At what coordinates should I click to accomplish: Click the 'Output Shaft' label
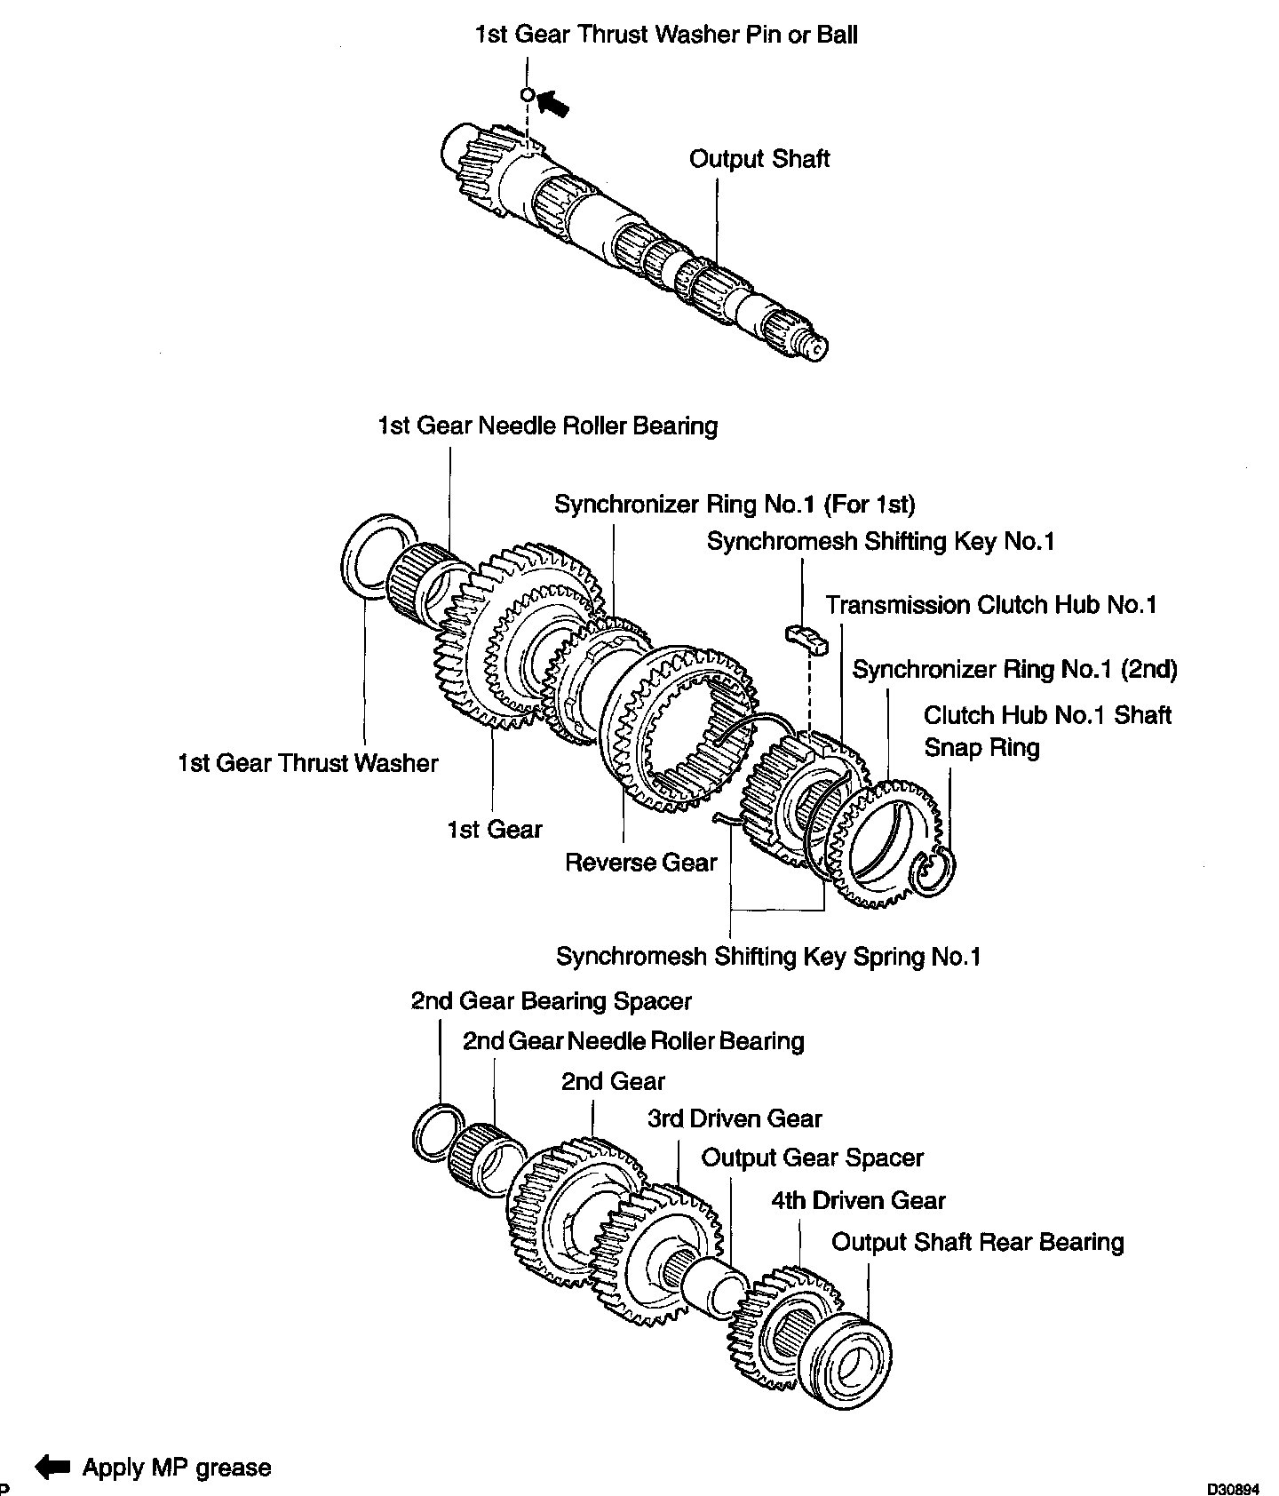click(759, 160)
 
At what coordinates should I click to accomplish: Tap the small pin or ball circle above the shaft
click(527, 94)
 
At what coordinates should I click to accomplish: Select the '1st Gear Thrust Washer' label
click(307, 764)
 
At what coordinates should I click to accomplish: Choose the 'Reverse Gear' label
click(640, 863)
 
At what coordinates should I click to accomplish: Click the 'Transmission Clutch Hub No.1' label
click(991, 606)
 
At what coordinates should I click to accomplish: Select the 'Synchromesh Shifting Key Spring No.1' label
click(768, 957)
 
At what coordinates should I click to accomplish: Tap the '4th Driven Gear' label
click(858, 1201)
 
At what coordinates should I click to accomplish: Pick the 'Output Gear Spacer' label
click(812, 1158)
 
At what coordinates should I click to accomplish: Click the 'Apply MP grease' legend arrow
click(52, 1467)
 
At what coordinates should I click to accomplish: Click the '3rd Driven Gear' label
click(735, 1119)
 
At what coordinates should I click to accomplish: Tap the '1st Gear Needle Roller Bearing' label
click(547, 426)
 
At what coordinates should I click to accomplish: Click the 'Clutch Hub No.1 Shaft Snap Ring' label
click(1047, 731)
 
